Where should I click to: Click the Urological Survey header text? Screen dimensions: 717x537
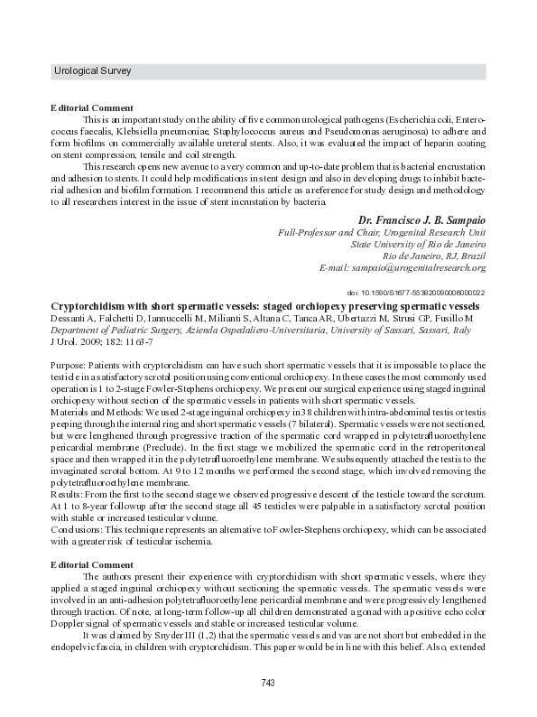coord(93,70)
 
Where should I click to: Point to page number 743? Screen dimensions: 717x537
coord(268,683)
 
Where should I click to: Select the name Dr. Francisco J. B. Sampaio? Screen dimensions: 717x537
coord(421,219)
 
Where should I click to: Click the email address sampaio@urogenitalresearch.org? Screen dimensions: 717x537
coord(403,267)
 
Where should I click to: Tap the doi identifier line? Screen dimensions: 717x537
coord(416,293)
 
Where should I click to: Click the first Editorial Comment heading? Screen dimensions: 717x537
coord(92,107)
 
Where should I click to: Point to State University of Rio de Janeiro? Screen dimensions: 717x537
coord(418,244)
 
